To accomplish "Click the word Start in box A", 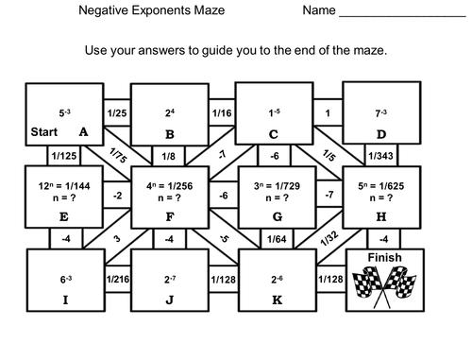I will click(45, 132).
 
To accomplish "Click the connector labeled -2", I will click(116, 196).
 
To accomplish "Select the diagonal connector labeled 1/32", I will click(328, 242).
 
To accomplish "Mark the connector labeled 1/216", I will click(117, 279).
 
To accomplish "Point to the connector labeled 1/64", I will click(275, 239).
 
